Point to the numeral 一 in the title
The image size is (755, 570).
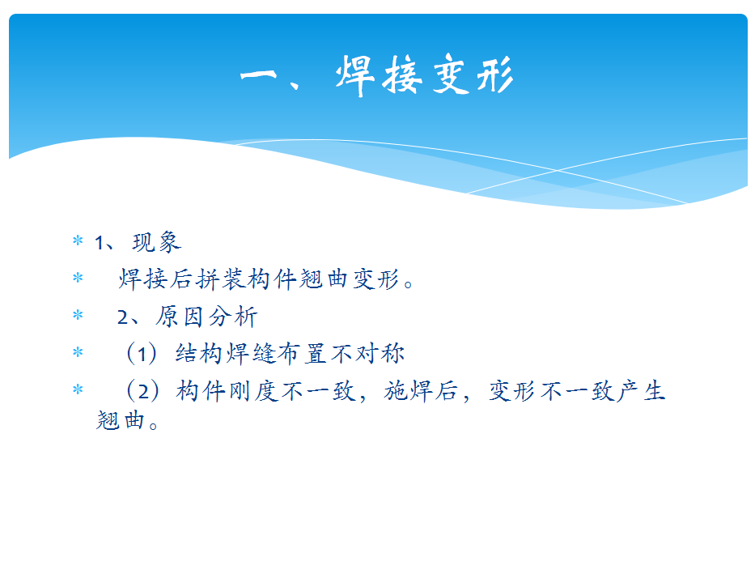pyautogui.click(x=259, y=75)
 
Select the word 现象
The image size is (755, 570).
pyautogui.click(x=157, y=242)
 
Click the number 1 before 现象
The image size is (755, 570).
pyautogui.click(x=100, y=243)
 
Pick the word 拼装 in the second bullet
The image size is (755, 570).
pyautogui.click(x=221, y=279)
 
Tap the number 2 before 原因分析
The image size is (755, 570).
pyautogui.click(x=123, y=317)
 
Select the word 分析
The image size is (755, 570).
pyautogui.click(x=233, y=317)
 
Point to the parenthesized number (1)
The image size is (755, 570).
pyautogui.click(x=141, y=354)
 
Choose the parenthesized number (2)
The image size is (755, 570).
pyautogui.click(x=142, y=391)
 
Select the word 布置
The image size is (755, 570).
pyautogui.click(x=303, y=354)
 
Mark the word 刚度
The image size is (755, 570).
pyautogui.click(x=252, y=391)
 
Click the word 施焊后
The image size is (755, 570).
pyautogui.click(x=420, y=391)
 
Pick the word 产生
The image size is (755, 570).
pyautogui.click(x=642, y=391)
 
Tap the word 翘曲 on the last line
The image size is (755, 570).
pyautogui.click(x=121, y=420)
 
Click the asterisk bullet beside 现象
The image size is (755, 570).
pyautogui.click(x=78, y=240)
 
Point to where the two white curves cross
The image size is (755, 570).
pyautogui.click(x=557, y=169)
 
